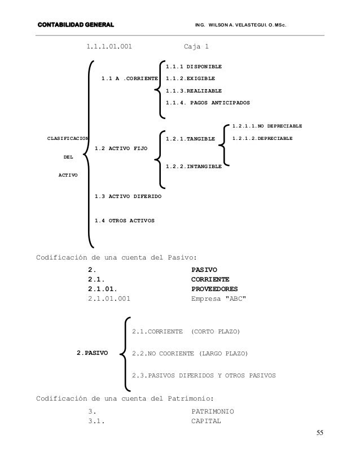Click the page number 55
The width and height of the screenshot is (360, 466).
click(321, 433)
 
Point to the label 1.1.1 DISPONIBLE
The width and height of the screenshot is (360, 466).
click(194, 67)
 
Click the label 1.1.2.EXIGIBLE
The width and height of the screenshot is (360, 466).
click(190, 78)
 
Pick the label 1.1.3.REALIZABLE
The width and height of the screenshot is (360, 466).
click(194, 91)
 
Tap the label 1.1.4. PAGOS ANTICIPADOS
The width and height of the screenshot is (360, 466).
click(208, 103)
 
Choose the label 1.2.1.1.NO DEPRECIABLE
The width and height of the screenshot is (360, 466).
click(267, 125)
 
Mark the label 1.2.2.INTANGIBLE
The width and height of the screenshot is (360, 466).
click(194, 166)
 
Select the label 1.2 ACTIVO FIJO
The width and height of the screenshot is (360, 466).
click(121, 148)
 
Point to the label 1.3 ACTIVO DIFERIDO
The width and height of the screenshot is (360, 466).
click(128, 196)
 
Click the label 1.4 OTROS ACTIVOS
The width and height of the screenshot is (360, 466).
click(125, 220)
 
